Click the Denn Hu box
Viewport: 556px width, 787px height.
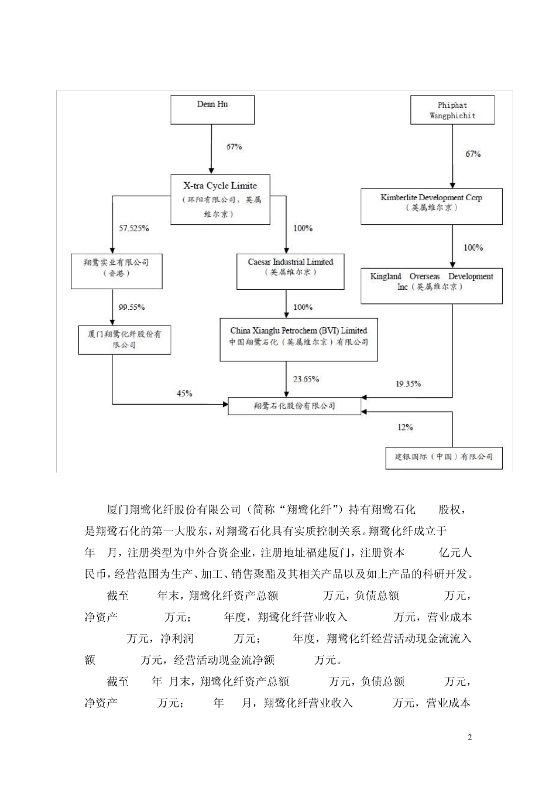coord(212,110)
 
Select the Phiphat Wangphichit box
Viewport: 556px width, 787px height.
coord(452,110)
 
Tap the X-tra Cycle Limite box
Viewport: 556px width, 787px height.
coord(220,200)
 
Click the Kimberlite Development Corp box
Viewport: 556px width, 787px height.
coord(431,206)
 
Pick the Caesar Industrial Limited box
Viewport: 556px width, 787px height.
coord(290,271)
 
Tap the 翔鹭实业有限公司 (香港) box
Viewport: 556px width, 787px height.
coord(116,271)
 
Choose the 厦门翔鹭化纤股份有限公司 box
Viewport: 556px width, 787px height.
coord(125,340)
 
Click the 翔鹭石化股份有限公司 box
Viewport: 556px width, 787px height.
coord(294,406)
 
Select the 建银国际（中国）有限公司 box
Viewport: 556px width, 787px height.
coord(440,457)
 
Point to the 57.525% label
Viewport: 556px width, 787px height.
coord(134,228)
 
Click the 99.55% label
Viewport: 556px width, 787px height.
coord(132,307)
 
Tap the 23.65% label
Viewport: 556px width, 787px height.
coord(306,379)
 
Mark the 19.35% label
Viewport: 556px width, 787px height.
coord(408,384)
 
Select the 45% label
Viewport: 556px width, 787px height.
coord(184,393)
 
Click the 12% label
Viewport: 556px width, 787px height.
coord(405,427)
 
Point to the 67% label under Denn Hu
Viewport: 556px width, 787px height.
coord(234,146)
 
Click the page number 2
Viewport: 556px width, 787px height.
coord(469,737)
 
